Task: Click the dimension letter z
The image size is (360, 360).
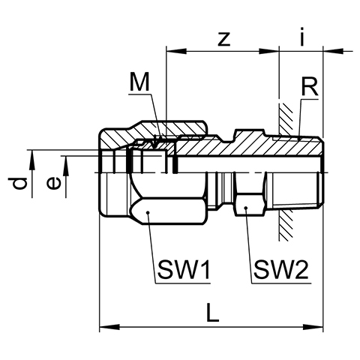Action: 223,40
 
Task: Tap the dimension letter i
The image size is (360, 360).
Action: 302,37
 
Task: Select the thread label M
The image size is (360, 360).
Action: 139,82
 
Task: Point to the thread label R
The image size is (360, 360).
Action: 310,87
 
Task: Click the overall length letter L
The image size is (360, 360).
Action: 212,312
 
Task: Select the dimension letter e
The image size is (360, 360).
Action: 54,183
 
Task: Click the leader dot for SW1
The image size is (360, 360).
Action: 148,213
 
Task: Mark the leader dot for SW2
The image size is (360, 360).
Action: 246,208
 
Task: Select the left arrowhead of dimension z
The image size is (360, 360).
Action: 176,51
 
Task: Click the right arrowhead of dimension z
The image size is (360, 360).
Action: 269,51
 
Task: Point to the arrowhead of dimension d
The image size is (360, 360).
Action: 32,160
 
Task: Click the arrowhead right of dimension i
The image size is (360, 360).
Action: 334,51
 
